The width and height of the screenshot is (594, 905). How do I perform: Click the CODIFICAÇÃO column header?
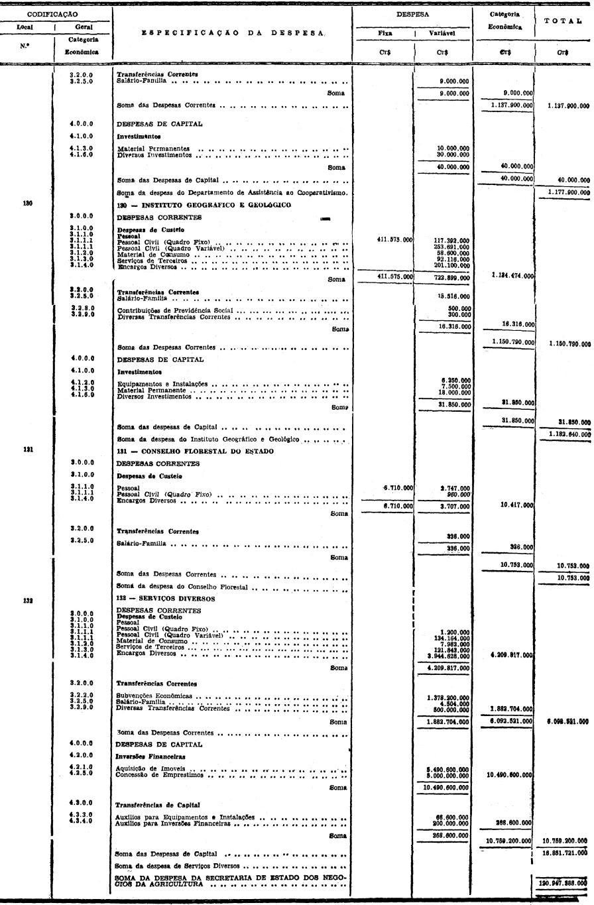click(52, 14)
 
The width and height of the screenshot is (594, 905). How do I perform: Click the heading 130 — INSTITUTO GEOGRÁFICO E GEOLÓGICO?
click(204, 205)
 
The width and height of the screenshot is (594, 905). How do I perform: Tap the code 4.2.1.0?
click(81, 768)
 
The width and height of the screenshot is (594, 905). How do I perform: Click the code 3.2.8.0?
click(81, 308)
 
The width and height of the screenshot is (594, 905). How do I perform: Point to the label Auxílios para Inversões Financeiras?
click(173, 824)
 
